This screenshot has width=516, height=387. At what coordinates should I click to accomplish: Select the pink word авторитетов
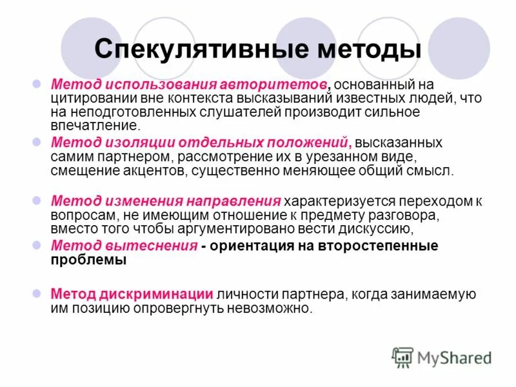[275, 85]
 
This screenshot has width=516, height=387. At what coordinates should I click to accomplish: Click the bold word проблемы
[90, 260]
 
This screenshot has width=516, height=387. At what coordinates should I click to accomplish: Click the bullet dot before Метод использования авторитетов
[37, 84]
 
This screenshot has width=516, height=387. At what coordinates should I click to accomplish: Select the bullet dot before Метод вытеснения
[37, 245]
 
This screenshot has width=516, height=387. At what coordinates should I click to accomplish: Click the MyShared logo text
[455, 358]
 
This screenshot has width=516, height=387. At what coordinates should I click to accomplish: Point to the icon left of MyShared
[403, 358]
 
